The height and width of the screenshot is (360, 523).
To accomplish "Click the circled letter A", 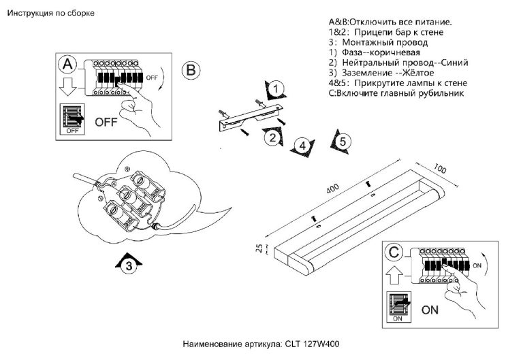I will point(67,65).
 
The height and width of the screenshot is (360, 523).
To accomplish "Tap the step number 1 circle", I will point(274,89).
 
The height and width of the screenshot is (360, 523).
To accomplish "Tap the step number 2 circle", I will point(272,137).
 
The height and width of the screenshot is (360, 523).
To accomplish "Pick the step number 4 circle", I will point(302,144).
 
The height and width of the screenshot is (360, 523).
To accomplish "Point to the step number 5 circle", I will point(343,142).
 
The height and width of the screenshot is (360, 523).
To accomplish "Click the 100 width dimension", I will point(440,169).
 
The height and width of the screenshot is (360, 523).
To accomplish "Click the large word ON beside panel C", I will point(430,310).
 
